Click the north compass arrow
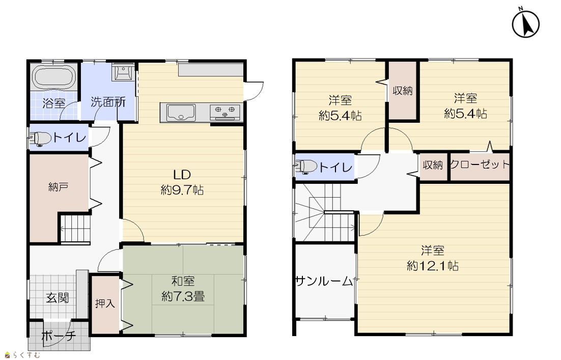point(525,25)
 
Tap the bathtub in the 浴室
point(54,77)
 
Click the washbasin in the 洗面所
point(123,73)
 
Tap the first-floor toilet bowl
point(40,138)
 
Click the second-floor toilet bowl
point(306,167)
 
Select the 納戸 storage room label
point(59,186)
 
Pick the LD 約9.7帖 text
point(182,182)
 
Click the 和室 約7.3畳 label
point(183,289)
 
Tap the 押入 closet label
point(105,303)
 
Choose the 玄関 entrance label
point(57,298)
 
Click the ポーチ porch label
point(59,336)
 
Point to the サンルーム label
point(324,281)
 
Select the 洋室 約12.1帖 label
point(433,258)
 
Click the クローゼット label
point(480,164)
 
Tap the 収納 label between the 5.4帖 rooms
point(403,91)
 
